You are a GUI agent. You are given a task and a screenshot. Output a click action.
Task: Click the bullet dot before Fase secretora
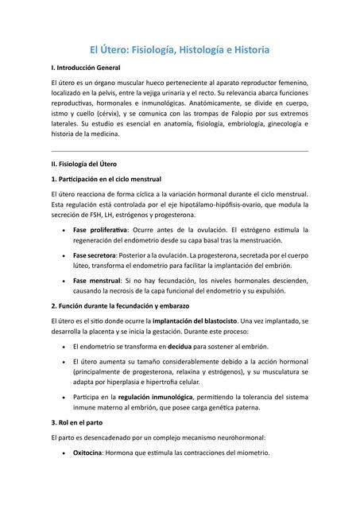click(x=63, y=255)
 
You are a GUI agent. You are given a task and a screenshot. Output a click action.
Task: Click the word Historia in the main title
click(x=246, y=49)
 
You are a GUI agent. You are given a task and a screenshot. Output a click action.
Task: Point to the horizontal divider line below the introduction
click(x=180, y=150)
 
